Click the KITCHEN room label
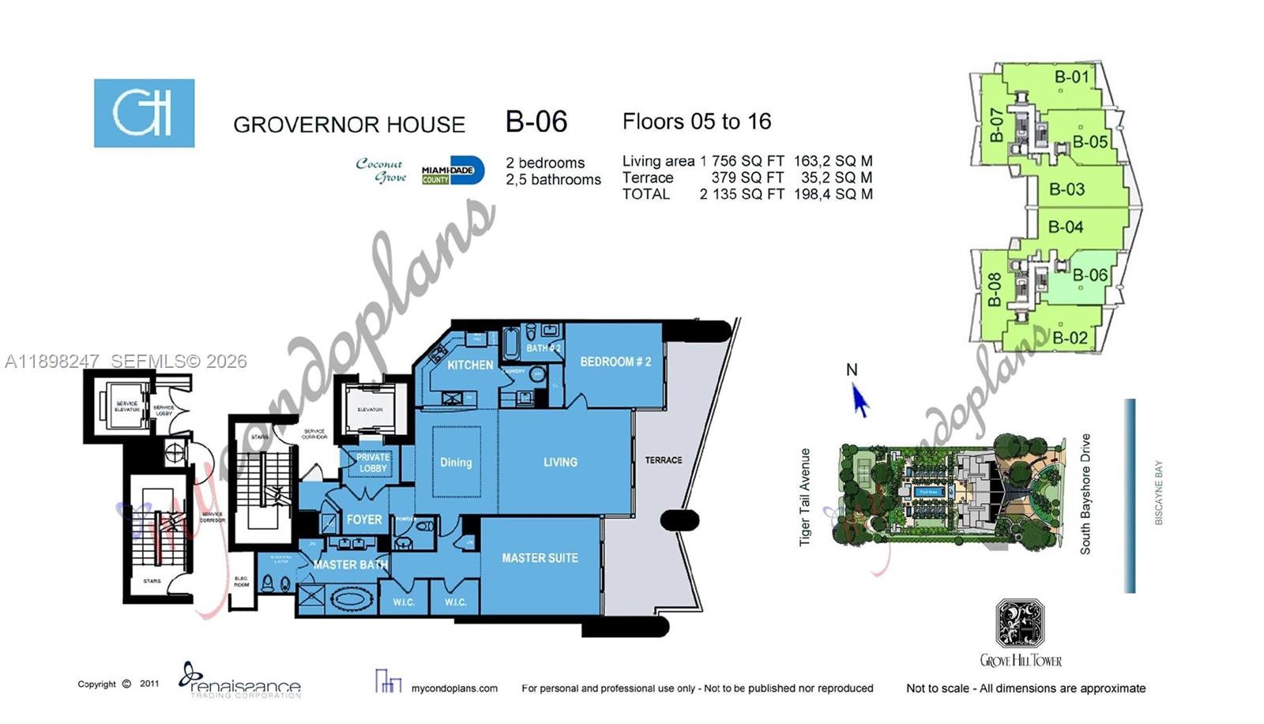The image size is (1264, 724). click(470, 365)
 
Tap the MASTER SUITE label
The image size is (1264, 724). click(540, 558)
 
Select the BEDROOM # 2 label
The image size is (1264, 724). click(615, 362)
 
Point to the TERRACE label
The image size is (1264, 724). click(663, 460)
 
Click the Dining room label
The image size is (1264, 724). click(456, 462)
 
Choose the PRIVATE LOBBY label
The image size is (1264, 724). click(373, 463)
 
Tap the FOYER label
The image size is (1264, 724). click(364, 520)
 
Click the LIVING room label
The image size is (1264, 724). click(560, 462)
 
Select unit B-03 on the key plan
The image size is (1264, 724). click(1066, 189)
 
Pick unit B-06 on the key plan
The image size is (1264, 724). click(1089, 275)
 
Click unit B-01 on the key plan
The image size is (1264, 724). click(1072, 77)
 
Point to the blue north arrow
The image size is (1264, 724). click(859, 400)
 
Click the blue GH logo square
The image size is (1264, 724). click(145, 113)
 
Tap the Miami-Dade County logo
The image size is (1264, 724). click(452, 171)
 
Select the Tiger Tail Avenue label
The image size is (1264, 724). click(805, 497)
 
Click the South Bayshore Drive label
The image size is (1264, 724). click(1085, 493)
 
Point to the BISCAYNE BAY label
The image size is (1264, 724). click(1159, 493)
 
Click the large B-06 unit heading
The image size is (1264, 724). click(536, 122)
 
